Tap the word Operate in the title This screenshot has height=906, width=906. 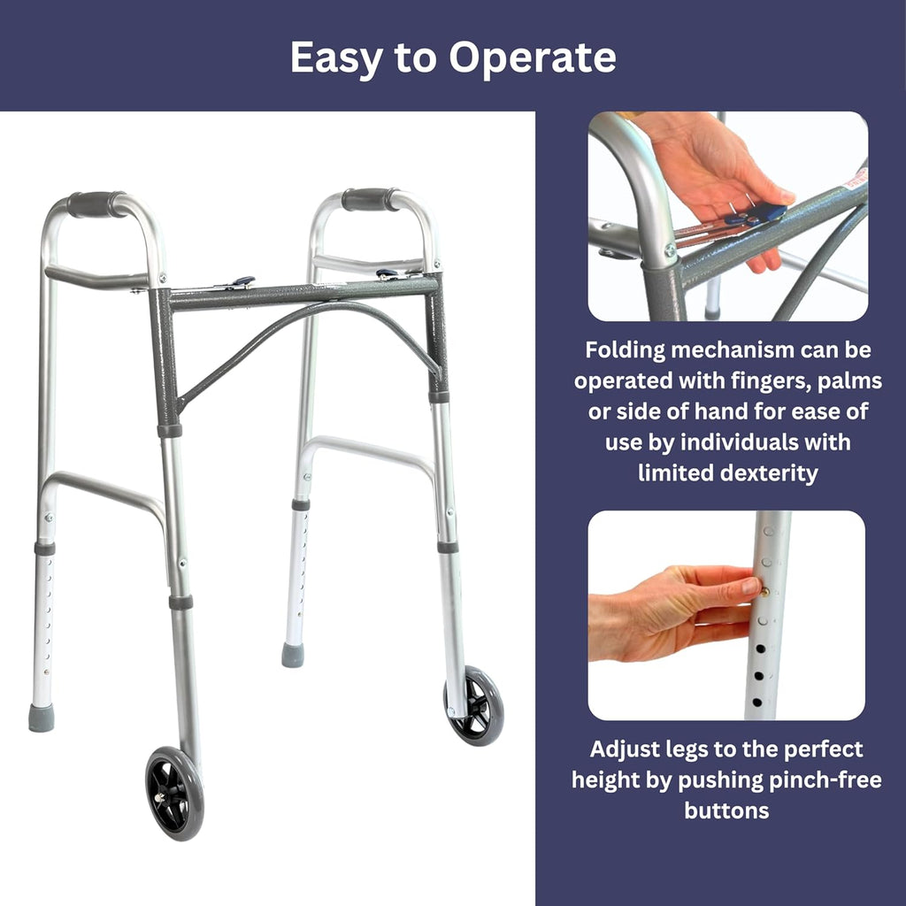532,58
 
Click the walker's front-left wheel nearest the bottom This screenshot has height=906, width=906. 174,793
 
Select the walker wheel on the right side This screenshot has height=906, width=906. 474,705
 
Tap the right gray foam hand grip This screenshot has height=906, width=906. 371,200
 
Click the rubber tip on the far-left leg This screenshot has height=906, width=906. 41,718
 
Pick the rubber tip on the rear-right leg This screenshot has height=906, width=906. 293,656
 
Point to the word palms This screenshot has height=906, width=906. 844,380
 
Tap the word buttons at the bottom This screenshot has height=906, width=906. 726,810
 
